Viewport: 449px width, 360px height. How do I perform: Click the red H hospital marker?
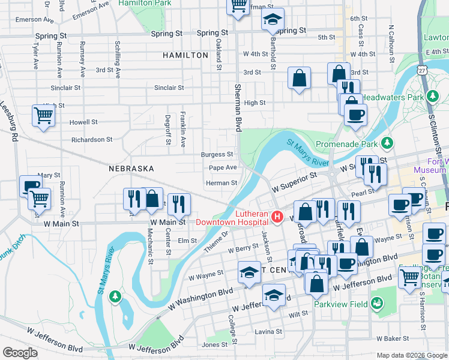pos(277,217)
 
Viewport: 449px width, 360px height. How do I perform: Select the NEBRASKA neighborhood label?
pos(131,169)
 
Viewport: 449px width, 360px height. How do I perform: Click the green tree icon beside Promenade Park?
pos(388,143)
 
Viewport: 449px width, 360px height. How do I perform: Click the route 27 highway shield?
pos(424,70)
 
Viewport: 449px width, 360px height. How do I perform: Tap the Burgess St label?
pos(217,154)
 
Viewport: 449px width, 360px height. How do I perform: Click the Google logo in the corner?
pos(20,353)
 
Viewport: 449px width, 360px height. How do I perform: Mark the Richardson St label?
pos(91,140)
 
